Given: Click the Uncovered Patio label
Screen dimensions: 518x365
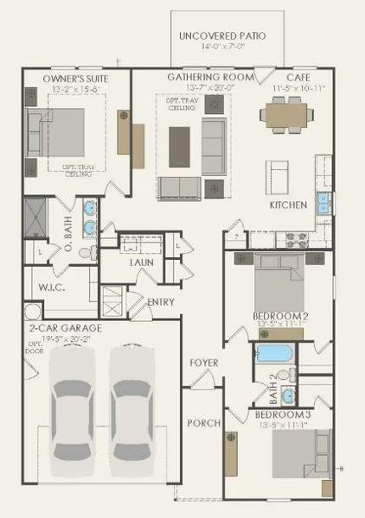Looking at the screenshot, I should pyautogui.click(x=221, y=35).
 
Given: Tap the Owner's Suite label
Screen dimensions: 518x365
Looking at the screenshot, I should pyautogui.click(x=74, y=79).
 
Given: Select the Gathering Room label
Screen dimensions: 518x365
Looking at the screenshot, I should pyautogui.click(x=211, y=77).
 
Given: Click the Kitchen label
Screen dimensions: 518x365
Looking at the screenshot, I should pyautogui.click(x=288, y=205).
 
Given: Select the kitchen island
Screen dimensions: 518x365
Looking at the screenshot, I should pyautogui.click(x=278, y=178).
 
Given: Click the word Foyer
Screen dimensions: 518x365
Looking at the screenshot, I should pyautogui.click(x=204, y=363).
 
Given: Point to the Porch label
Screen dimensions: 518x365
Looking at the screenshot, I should pyautogui.click(x=204, y=423).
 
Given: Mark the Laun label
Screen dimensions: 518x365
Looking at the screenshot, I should pyautogui.click(x=141, y=262).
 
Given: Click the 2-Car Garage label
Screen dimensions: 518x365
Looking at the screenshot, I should pyautogui.click(x=65, y=329).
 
